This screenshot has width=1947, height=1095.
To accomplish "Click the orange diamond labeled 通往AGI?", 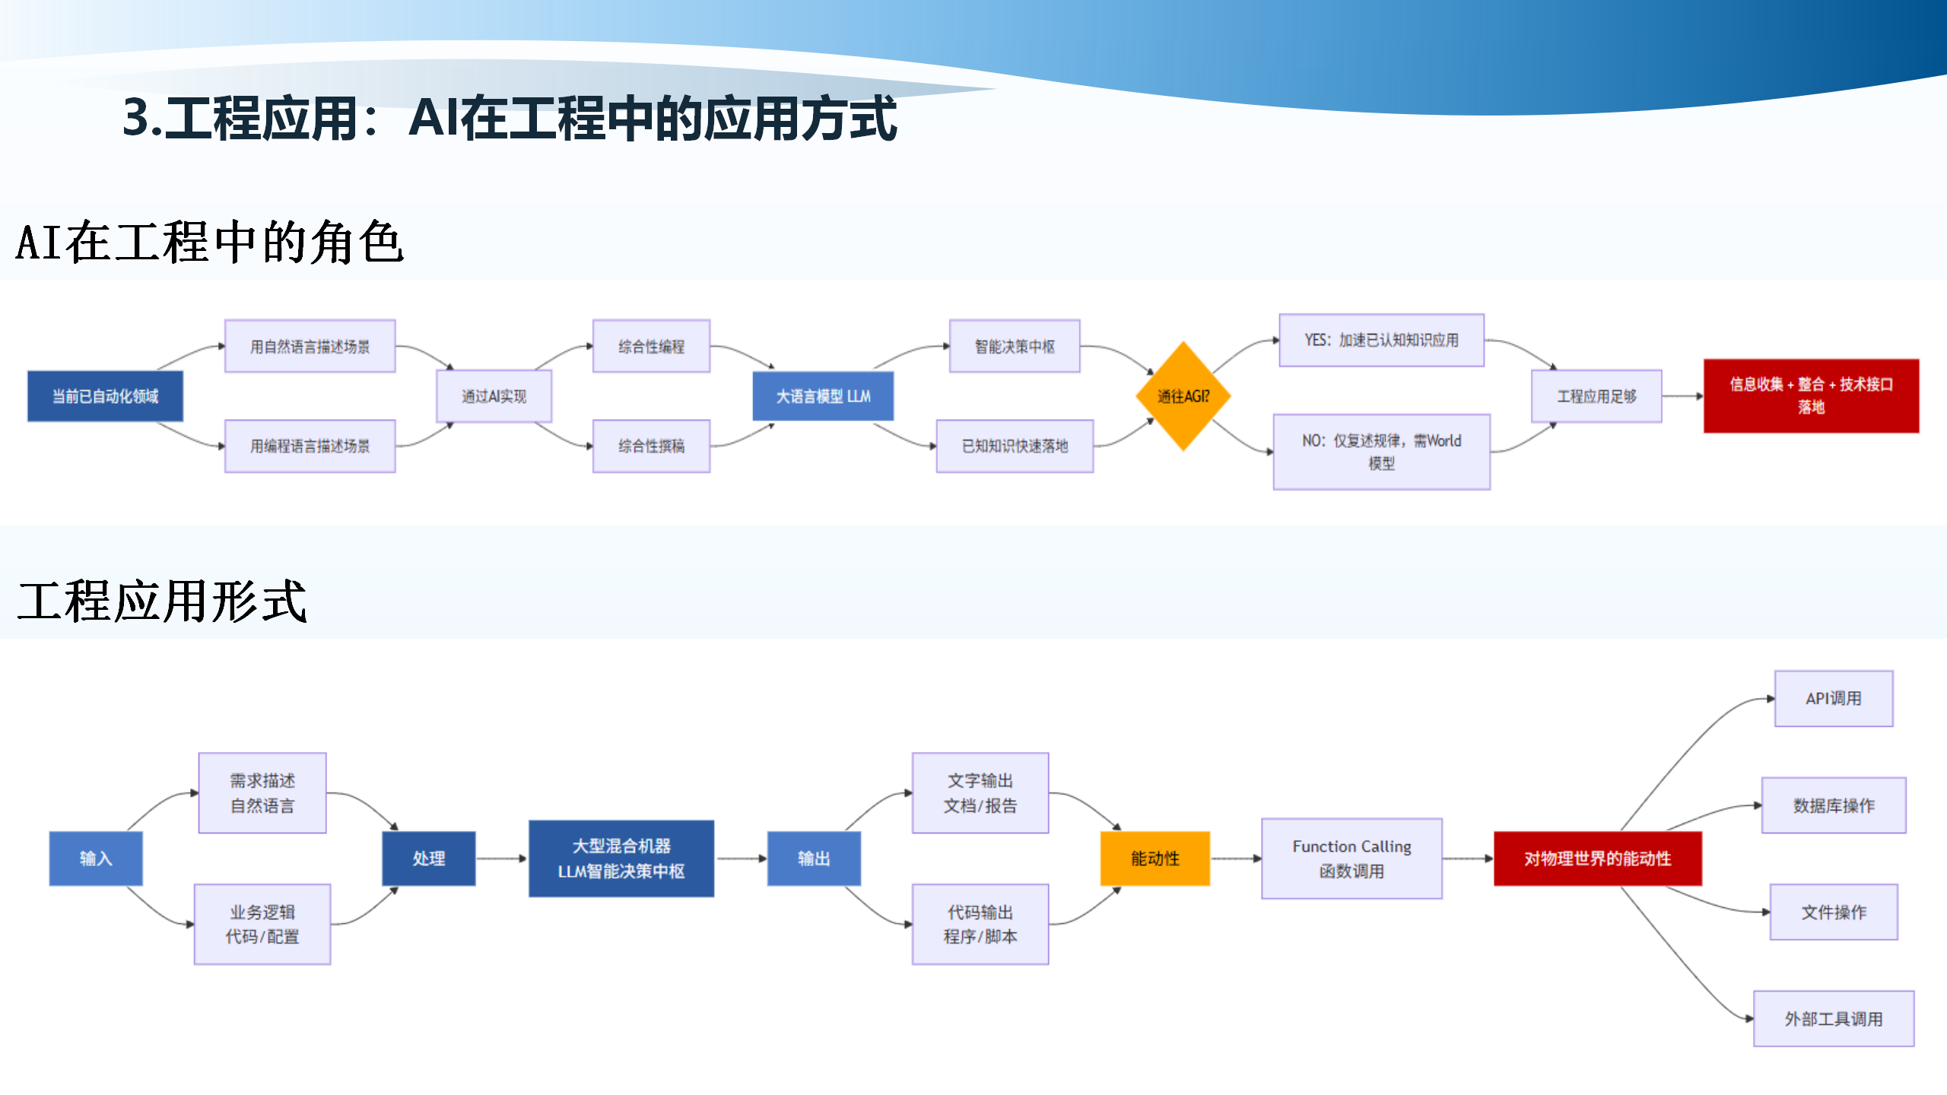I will point(1183,396).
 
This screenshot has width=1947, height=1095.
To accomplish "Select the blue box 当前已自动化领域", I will point(105,396).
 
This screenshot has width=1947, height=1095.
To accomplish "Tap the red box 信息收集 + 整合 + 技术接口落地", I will point(1811,396).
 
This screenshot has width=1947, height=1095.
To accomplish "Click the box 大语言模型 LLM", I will point(823,396).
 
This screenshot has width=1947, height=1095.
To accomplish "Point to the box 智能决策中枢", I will point(1015,347).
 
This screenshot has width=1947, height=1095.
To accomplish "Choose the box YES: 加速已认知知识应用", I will point(1381,340).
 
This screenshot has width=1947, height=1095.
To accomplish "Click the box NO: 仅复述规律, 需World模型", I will point(1381,452).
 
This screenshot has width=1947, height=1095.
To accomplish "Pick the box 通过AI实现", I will point(494,396).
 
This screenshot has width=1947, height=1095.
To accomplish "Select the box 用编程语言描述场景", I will point(310,446).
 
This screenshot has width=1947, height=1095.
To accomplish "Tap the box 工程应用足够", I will point(1596,396).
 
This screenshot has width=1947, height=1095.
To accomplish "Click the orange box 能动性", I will point(1155,859).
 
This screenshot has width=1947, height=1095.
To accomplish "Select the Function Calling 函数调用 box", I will point(1351,859).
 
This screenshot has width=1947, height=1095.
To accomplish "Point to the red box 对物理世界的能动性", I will point(1597,859).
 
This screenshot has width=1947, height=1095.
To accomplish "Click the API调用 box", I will point(1833,699).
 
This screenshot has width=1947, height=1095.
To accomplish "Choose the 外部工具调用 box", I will point(1833,1019).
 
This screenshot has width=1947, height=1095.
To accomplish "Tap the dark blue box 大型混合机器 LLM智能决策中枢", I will point(621,859).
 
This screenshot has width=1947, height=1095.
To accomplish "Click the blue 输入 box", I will point(96,859).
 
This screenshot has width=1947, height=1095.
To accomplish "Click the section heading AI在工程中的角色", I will point(209,243).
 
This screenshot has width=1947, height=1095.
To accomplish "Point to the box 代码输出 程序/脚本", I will point(980,924).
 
